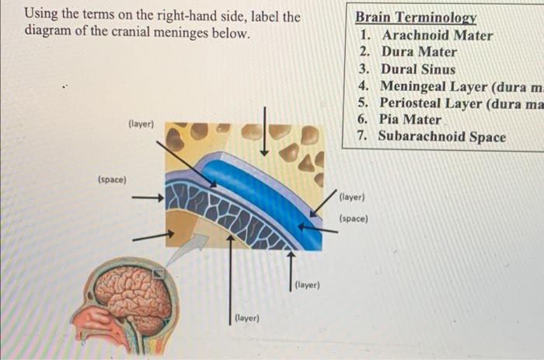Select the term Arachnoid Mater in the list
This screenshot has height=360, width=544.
click(437, 35)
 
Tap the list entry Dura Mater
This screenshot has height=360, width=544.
click(418, 52)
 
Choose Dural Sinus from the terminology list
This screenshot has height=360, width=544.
click(417, 69)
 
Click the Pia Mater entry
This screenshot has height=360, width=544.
click(410, 120)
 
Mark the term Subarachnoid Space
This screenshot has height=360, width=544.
click(441, 137)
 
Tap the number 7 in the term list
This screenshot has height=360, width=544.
click(363, 137)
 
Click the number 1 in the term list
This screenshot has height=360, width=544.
click(364, 35)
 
